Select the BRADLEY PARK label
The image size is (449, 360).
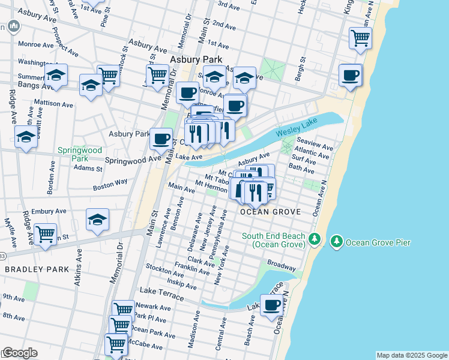tap(37, 269)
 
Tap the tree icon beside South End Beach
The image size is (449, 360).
tap(313, 240)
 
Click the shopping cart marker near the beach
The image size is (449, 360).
tap(360, 38)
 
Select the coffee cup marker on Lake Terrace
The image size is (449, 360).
tap(272, 305)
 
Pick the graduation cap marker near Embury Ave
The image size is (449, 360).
tap(97, 221)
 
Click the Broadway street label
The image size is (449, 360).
tap(282, 265)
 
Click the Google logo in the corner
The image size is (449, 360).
tap(19, 353)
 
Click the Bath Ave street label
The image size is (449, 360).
tap(302, 169)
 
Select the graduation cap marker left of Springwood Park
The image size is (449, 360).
tap(26, 138)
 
